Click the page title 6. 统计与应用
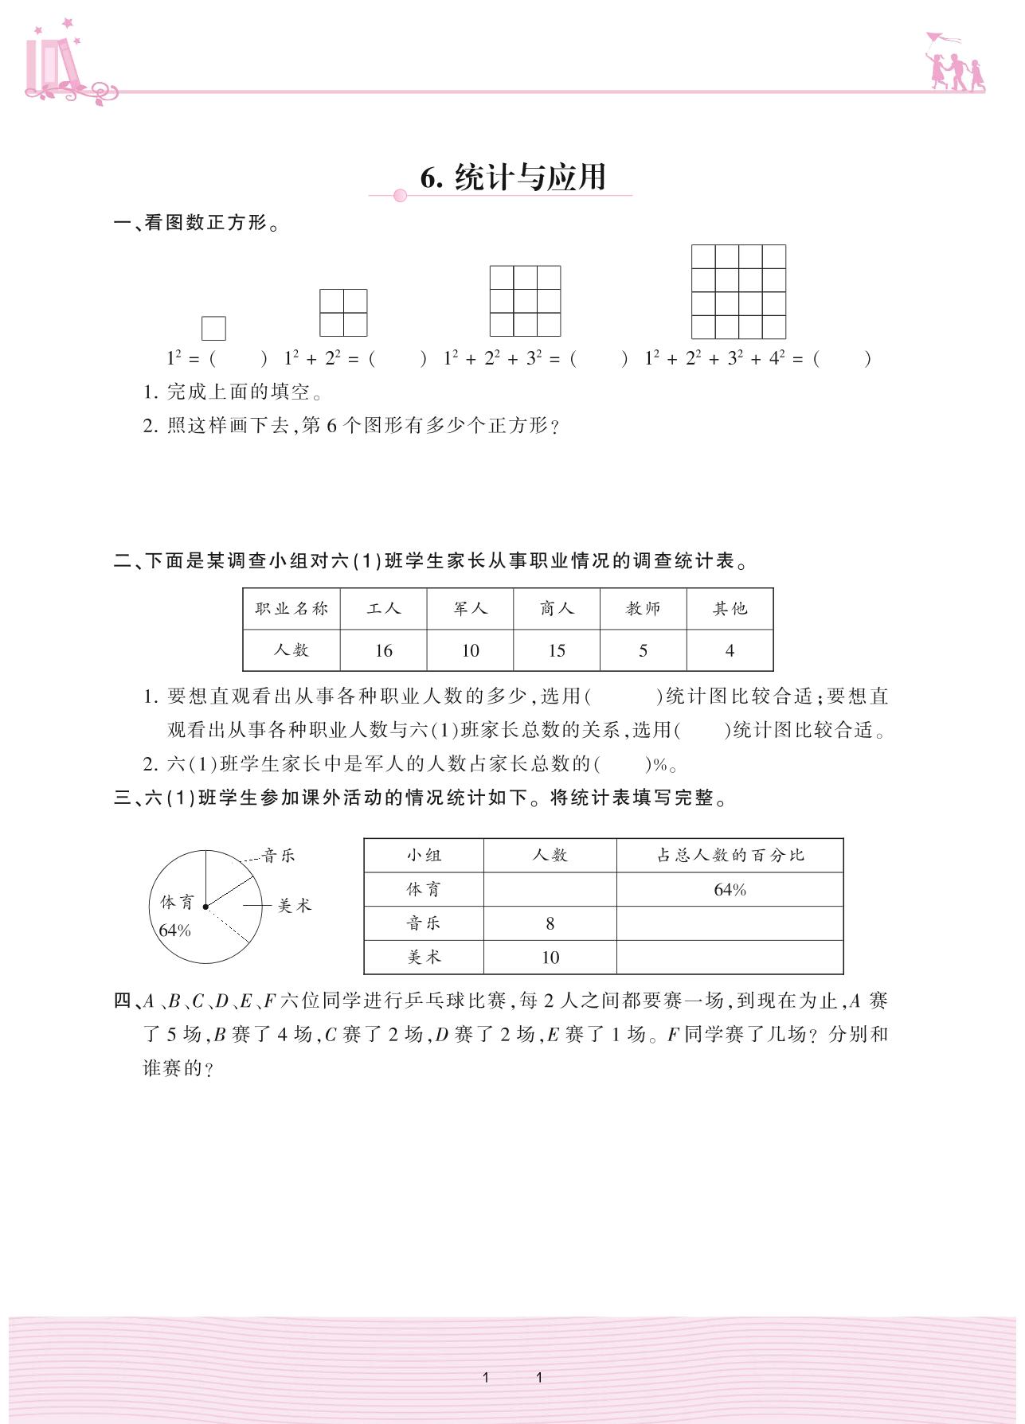[514, 178]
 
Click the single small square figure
[213, 328]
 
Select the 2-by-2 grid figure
[343, 313]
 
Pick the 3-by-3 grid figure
[525, 301]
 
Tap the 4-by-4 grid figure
[738, 292]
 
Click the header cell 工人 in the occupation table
[383, 609]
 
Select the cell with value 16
[383, 650]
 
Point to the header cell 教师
[643, 609]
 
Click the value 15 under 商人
[557, 650]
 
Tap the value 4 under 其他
[730, 650]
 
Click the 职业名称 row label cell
[291, 609]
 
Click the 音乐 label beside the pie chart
[278, 856]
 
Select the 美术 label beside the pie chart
[294, 906]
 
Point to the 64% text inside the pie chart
[174, 930]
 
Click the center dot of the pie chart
[205, 906]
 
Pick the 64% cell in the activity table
[730, 890]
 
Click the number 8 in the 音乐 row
[550, 923]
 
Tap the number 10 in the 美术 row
[550, 958]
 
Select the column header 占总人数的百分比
[730, 856]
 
